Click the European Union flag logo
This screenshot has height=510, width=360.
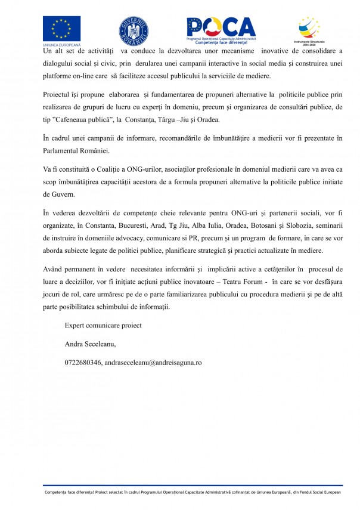[61, 28]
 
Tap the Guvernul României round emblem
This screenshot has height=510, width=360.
[134, 30]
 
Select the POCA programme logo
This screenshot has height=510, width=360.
[221, 29]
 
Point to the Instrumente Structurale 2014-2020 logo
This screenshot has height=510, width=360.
[308, 31]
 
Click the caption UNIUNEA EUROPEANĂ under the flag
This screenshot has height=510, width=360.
[61, 45]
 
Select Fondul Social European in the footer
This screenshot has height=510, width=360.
[318, 492]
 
